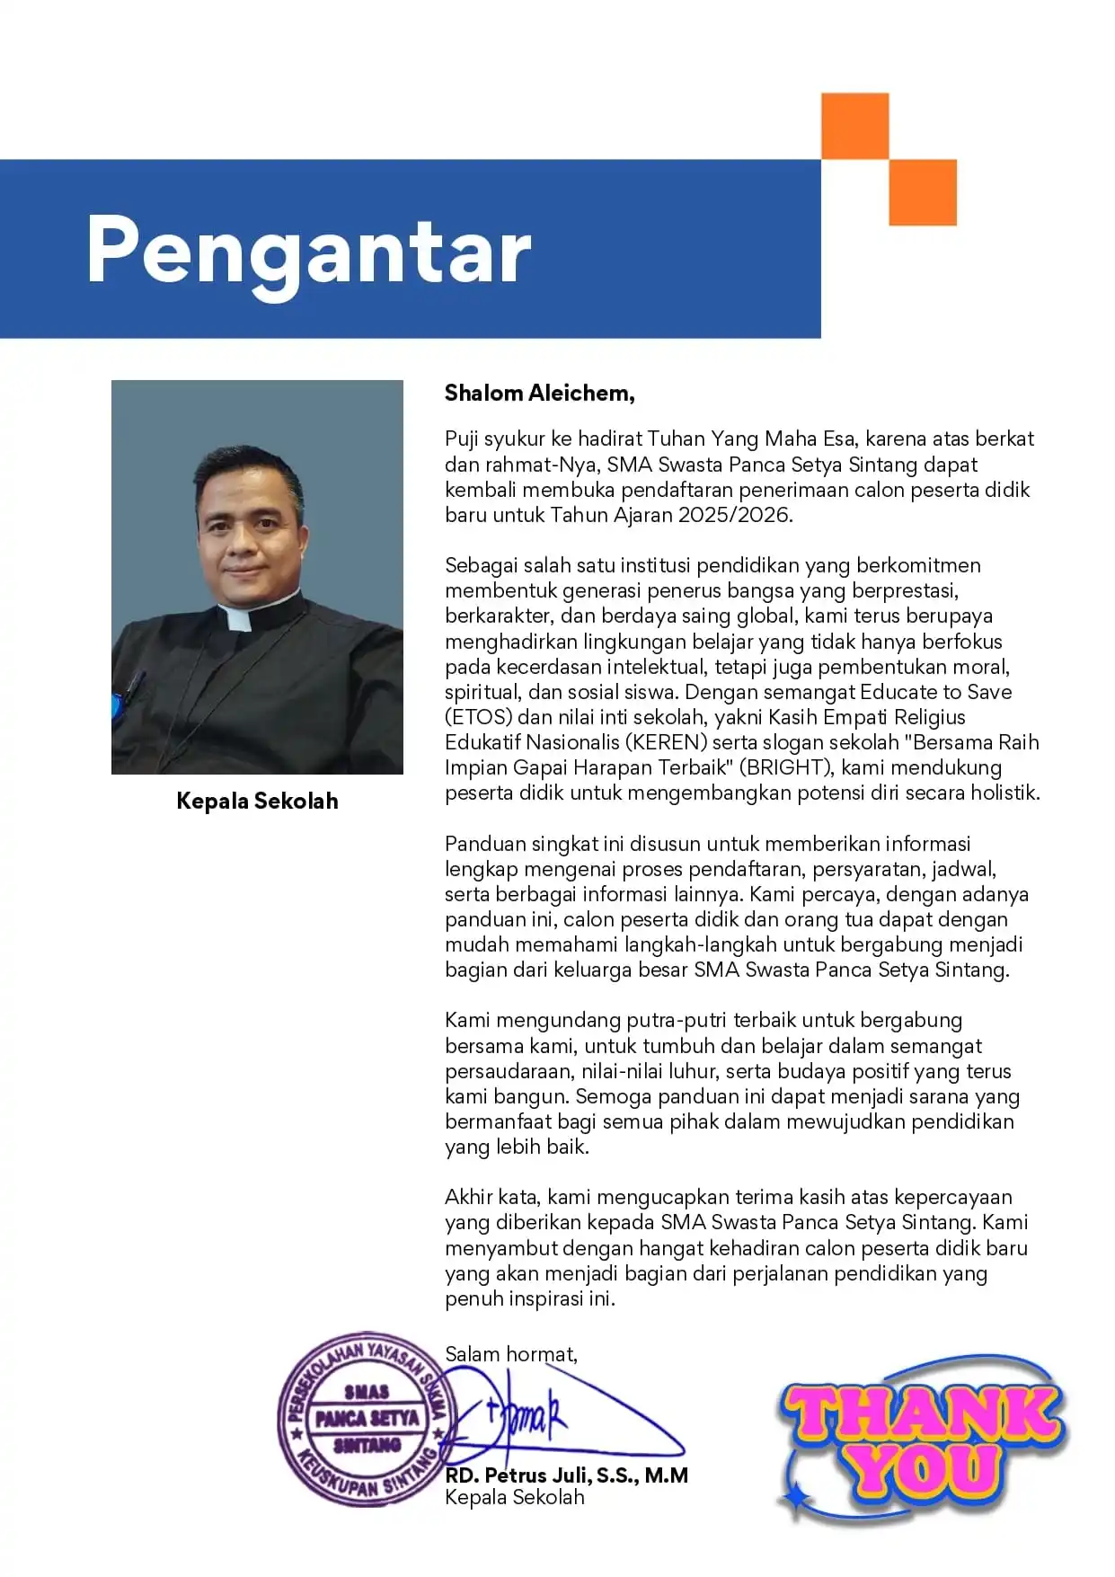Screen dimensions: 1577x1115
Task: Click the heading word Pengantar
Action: click(x=308, y=252)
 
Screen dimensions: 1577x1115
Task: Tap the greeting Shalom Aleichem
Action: click(x=539, y=393)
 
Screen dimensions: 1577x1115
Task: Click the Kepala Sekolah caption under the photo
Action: click(x=257, y=801)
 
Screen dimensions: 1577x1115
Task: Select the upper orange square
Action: click(x=854, y=126)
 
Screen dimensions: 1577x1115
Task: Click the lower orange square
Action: click(x=923, y=192)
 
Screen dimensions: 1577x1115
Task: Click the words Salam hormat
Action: click(x=510, y=1354)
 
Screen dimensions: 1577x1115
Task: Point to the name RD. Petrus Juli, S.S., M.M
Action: click(x=566, y=1475)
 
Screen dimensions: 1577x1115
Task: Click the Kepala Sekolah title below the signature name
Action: click(x=514, y=1497)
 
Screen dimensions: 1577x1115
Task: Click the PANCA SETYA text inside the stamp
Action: click(x=367, y=1418)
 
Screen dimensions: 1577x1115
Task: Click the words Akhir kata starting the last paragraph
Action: click(x=492, y=1197)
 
